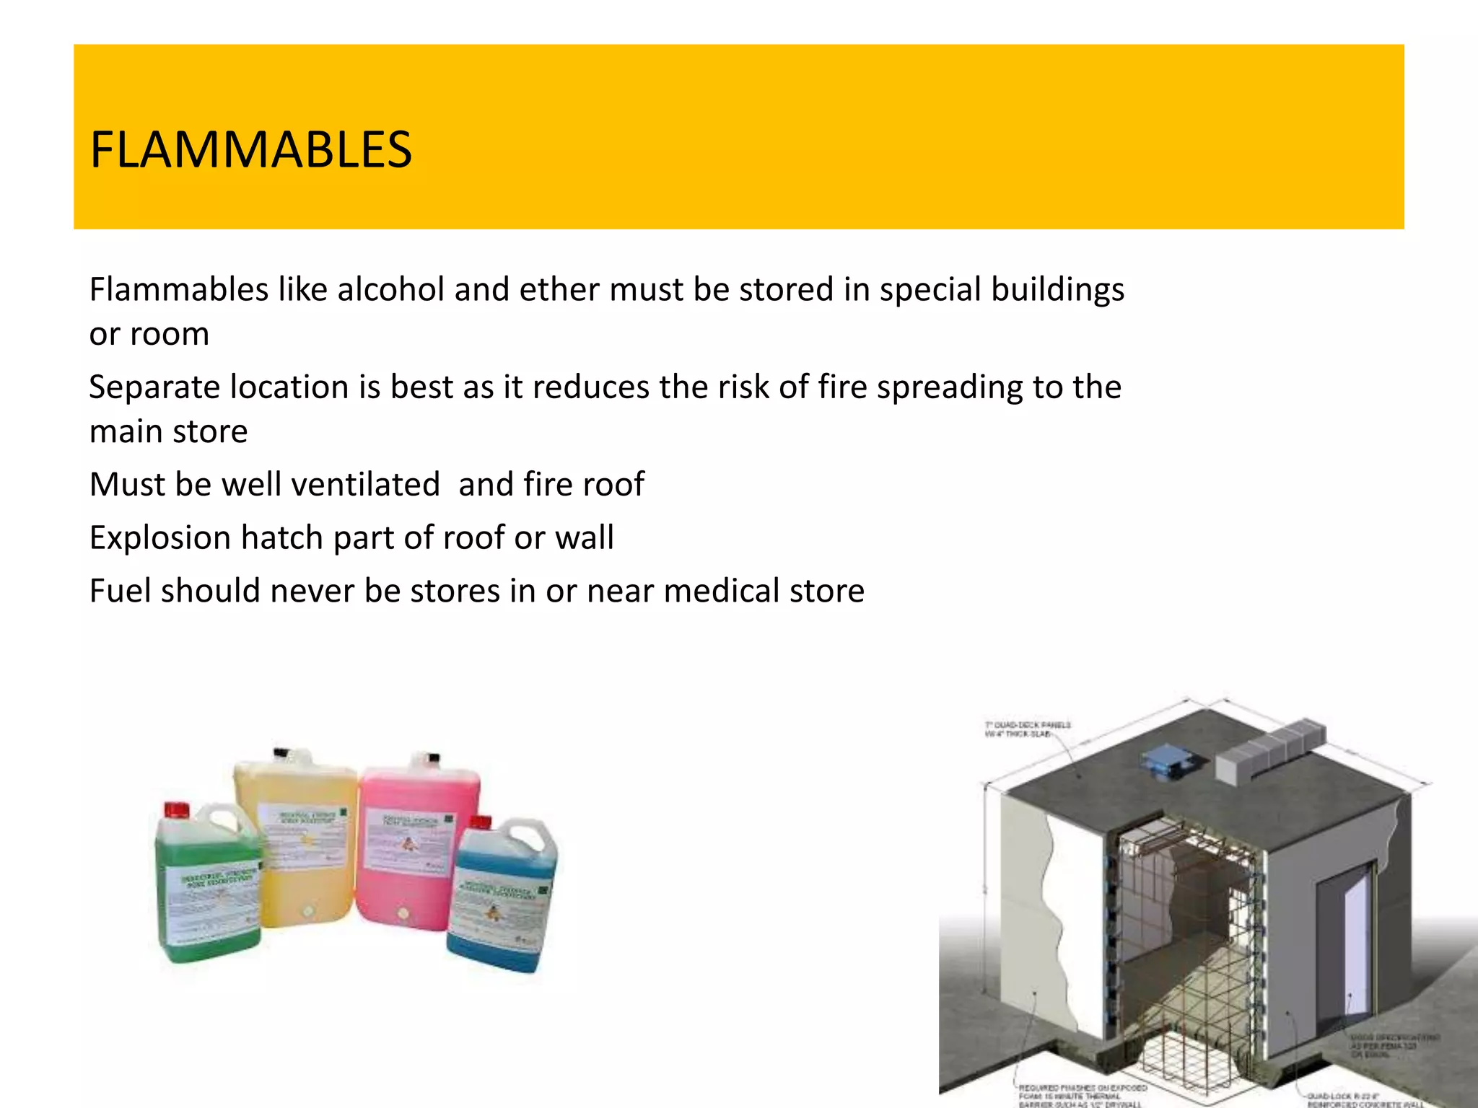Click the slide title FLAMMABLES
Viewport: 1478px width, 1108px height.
250,150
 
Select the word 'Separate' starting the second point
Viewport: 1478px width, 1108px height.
155,387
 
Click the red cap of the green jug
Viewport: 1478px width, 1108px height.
177,809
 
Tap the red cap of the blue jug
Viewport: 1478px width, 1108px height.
481,823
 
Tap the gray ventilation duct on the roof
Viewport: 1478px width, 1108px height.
1270,750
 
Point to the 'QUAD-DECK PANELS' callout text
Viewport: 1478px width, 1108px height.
1028,724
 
